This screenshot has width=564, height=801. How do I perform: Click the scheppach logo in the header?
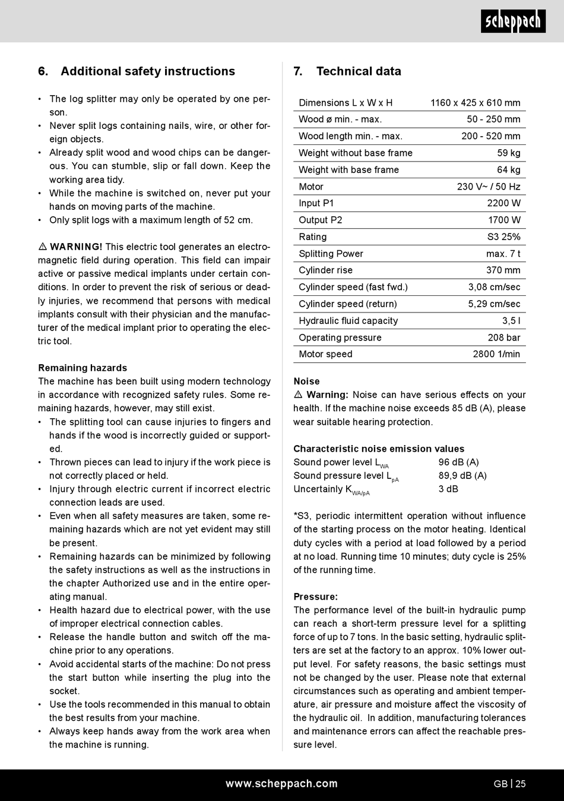[x=513, y=22]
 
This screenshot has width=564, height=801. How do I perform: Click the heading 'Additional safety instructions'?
[x=147, y=71]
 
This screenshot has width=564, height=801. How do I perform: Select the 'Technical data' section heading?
[x=358, y=71]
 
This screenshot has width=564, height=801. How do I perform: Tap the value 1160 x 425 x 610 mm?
[x=475, y=103]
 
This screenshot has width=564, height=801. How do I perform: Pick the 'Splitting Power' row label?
[x=331, y=254]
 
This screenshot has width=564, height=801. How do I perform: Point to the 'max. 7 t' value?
[x=503, y=254]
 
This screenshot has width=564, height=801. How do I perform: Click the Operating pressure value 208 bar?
[x=503, y=338]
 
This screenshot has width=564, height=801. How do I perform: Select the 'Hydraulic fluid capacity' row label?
[x=348, y=321]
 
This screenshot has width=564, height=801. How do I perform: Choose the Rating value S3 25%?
[x=503, y=236]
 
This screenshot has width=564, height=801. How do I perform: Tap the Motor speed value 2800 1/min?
[x=496, y=354]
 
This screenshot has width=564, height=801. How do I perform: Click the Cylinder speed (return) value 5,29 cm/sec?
[x=494, y=304]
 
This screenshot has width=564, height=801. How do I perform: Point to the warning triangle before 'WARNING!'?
[x=43, y=247]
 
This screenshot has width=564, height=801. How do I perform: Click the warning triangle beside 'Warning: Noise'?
[x=298, y=395]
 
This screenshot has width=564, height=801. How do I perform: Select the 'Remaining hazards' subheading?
[x=83, y=368]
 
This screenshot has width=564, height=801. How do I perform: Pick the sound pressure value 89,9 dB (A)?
[x=462, y=475]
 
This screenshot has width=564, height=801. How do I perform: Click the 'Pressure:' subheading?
[x=315, y=597]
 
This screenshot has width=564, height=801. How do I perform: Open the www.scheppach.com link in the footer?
[x=281, y=784]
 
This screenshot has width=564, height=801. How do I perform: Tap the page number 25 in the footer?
[x=520, y=784]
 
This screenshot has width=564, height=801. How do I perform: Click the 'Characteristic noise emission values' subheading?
[x=379, y=449]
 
